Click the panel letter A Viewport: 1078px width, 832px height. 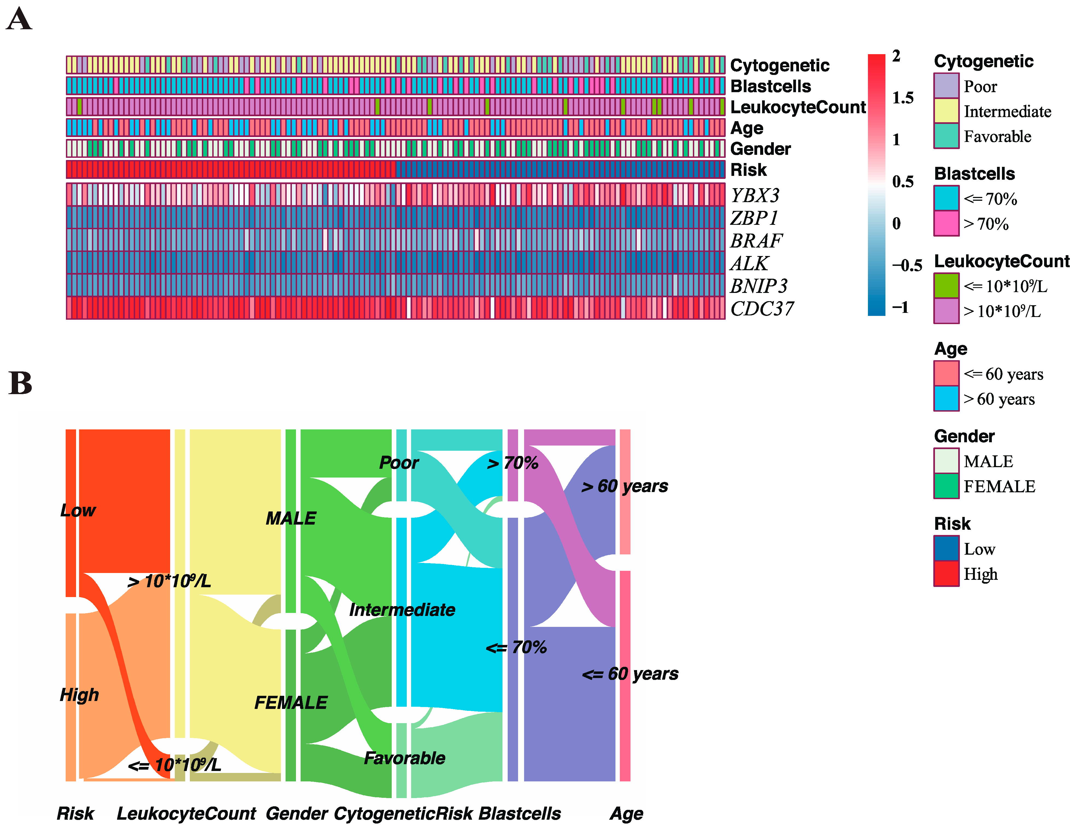[19, 20]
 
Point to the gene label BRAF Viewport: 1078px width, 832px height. [756, 241]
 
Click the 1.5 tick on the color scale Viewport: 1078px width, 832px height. [903, 98]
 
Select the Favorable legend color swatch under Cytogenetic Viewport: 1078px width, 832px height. [946, 136]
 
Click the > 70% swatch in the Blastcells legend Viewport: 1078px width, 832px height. [946, 223]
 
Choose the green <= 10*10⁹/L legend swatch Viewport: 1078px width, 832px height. [946, 286]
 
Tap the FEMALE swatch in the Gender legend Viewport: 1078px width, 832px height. [946, 486]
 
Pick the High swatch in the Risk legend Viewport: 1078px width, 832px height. [946, 574]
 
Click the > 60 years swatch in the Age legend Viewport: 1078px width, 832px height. [946, 399]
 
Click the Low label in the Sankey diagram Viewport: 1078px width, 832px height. [77, 510]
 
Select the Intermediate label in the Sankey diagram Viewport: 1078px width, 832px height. [402, 610]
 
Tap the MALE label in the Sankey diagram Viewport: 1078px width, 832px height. [291, 518]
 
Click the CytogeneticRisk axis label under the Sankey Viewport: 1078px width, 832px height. [403, 813]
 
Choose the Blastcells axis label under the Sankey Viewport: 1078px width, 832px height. [520, 813]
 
